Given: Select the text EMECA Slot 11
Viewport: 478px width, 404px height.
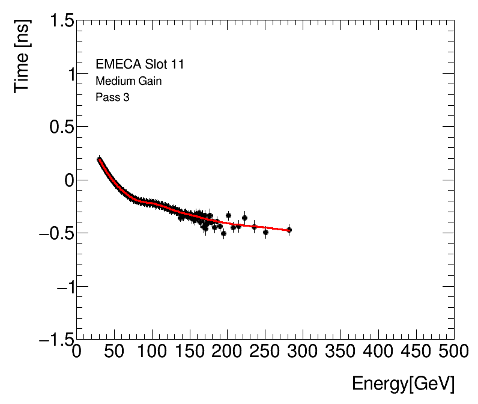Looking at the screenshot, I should (140, 64).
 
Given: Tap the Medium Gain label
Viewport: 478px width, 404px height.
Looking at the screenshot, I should (129, 81).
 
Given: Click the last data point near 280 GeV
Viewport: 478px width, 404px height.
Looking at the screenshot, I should (289, 230).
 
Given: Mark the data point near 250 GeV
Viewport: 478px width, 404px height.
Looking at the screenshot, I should (265, 232).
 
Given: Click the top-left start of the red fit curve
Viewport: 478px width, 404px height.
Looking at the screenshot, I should (99, 159).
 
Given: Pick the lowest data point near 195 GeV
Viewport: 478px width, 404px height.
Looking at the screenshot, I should (223, 233).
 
